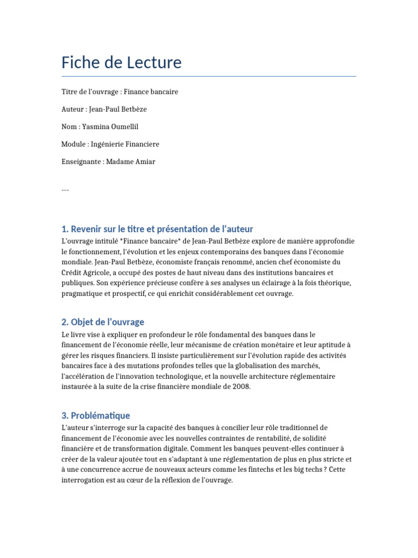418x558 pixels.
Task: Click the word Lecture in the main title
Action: (154, 63)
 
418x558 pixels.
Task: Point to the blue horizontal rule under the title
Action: (208, 76)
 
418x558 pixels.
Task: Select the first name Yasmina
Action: (96, 126)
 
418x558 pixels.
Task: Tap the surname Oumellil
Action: (125, 126)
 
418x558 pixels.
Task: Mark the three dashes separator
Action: (65, 190)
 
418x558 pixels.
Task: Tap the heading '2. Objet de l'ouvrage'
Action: (103, 322)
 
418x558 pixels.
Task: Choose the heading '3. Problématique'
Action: (96, 415)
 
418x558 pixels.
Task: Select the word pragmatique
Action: (82, 293)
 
